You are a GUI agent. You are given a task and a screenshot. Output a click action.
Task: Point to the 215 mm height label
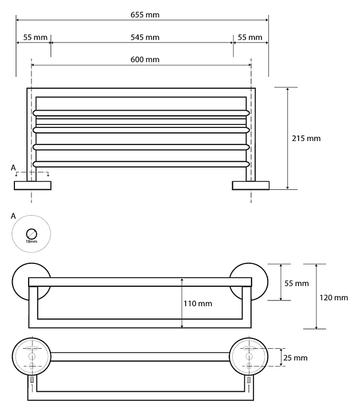click(x=307, y=138)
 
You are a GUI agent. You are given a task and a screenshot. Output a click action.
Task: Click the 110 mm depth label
click(x=198, y=303)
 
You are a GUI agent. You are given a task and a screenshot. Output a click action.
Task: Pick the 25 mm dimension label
click(x=296, y=357)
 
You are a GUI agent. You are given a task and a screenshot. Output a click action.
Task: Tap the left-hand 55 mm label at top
click(x=34, y=37)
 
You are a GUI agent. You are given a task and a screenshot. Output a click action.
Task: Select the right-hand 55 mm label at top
click(x=249, y=37)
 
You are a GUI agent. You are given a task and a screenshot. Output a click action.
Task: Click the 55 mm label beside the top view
click(x=296, y=283)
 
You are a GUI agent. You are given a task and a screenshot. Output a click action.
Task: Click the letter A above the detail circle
click(x=13, y=216)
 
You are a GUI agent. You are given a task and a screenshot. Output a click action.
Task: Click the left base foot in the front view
click(x=33, y=185)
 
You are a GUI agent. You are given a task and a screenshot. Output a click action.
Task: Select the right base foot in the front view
click(x=251, y=185)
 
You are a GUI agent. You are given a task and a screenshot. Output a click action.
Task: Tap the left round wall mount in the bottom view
click(x=32, y=357)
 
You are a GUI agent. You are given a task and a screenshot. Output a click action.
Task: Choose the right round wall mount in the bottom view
click(x=249, y=357)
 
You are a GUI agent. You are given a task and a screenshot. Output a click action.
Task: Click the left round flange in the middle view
click(x=23, y=282)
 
